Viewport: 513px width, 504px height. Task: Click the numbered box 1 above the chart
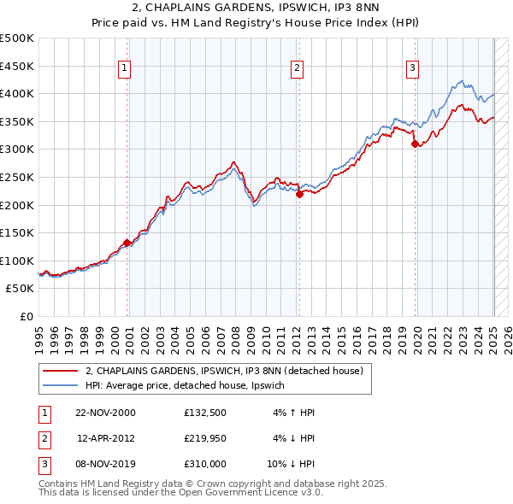coord(125,69)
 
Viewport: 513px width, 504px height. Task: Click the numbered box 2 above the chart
coord(297,69)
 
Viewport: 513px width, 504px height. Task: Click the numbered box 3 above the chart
coord(412,69)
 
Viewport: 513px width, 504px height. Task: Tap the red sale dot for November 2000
coord(127,243)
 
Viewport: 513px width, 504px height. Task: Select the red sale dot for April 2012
coord(299,194)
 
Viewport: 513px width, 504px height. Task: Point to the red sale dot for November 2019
coord(415,144)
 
